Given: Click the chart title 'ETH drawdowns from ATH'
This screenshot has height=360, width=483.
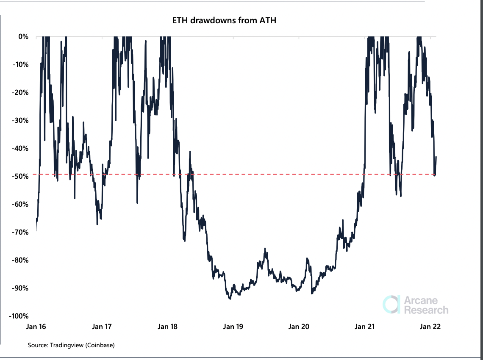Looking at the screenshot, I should [x=224, y=20].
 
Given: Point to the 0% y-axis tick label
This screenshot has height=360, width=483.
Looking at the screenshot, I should [x=23, y=37].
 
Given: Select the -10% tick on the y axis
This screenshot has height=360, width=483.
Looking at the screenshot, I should [x=21, y=65].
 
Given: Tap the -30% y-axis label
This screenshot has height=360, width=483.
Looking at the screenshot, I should [x=21, y=121].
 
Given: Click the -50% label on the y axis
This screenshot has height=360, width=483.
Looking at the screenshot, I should [x=21, y=176].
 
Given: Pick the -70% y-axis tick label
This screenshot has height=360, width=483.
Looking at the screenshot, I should [x=21, y=232].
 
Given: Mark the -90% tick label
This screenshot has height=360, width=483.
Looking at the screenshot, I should [x=21, y=288].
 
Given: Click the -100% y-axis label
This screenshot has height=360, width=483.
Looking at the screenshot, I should [x=19, y=316].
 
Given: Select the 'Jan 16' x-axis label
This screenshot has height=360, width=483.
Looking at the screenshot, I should [x=36, y=327].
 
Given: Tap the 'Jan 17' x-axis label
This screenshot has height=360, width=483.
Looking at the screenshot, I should [x=102, y=327].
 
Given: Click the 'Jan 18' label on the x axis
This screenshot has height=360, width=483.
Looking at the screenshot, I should [x=167, y=327].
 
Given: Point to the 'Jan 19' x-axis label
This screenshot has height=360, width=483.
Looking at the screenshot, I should [x=233, y=327].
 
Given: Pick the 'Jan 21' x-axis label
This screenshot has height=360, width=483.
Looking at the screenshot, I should [x=364, y=327].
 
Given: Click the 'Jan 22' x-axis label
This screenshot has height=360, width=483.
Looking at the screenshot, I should [x=430, y=327].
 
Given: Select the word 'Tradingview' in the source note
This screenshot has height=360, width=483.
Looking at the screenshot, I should [x=67, y=345].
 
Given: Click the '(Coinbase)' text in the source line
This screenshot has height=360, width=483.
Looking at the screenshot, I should [x=100, y=345].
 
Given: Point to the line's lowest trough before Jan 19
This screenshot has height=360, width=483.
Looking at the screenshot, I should [x=230, y=299].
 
